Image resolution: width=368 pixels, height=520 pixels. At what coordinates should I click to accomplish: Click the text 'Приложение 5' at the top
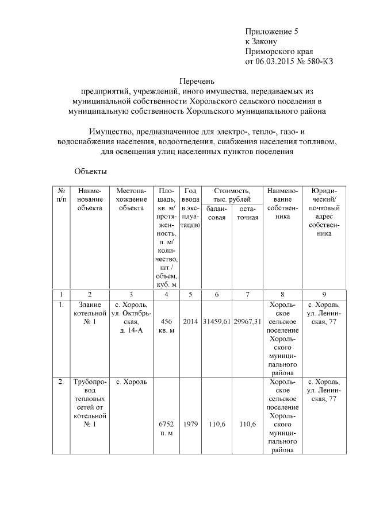click(x=272, y=30)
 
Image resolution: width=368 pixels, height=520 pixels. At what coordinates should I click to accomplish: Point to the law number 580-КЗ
click(x=319, y=60)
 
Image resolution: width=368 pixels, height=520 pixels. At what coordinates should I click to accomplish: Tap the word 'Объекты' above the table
click(x=90, y=171)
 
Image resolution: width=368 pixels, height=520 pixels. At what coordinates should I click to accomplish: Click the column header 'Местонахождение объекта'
click(x=131, y=199)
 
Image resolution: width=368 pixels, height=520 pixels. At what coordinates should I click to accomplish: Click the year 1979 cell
click(x=190, y=424)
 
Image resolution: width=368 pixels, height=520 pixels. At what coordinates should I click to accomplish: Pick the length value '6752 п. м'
click(x=166, y=428)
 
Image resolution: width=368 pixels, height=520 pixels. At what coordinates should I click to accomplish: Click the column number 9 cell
click(x=324, y=294)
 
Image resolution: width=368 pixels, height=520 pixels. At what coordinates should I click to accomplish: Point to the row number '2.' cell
click(x=61, y=382)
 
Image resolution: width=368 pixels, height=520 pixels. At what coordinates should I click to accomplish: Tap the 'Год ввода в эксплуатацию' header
click(x=190, y=208)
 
